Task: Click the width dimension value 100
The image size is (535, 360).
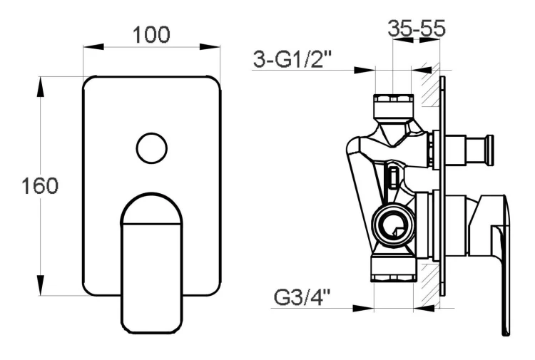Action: [x=150, y=34]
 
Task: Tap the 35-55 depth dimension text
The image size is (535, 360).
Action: [x=416, y=29]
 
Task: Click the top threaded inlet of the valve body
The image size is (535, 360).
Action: [x=393, y=105]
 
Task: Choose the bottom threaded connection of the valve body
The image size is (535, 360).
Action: [x=393, y=271]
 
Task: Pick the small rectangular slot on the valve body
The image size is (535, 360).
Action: [x=393, y=175]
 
